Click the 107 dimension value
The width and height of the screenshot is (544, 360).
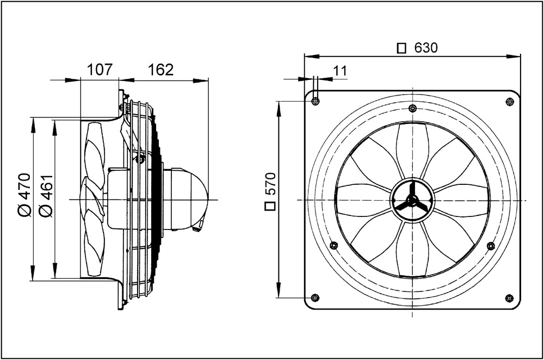click(100, 70)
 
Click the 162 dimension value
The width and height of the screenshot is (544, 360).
click(160, 70)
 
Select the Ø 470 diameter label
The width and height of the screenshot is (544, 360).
click(26, 195)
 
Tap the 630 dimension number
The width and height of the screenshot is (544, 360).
click(426, 48)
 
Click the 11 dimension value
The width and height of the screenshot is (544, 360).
click(340, 71)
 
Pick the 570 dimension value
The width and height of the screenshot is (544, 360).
click(270, 184)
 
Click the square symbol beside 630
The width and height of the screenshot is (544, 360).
click(401, 48)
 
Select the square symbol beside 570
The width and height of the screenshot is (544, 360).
click(270, 206)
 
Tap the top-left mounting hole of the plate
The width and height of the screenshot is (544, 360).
click(315, 101)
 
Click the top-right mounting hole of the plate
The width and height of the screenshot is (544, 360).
click(509, 101)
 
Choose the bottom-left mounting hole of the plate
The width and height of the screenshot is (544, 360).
click(315, 297)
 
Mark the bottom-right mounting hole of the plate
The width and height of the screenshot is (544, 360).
click(509, 297)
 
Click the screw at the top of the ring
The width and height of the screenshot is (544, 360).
click(412, 108)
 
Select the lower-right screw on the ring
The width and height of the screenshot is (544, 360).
click(491, 246)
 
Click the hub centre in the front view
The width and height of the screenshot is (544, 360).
click(412, 200)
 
